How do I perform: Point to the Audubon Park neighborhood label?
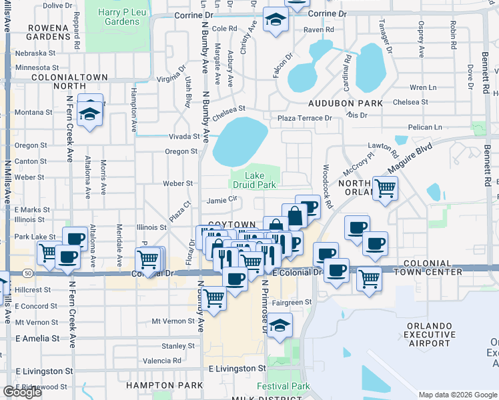point(346,103)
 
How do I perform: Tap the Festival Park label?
point(284,386)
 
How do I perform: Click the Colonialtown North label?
point(69,81)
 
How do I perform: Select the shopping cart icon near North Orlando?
point(386,188)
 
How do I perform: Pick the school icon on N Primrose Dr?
point(280,325)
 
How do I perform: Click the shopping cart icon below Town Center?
point(369,277)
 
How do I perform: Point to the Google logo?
point(22,392)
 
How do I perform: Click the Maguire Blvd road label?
point(414,155)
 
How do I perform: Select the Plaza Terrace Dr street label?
point(304,118)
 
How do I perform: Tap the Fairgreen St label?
point(293,302)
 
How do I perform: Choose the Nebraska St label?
point(36,53)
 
